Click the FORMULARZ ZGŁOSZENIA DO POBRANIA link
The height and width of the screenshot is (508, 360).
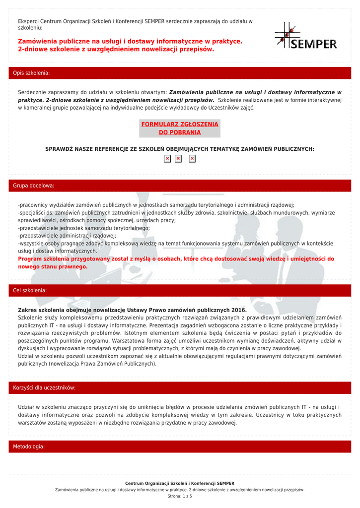180,128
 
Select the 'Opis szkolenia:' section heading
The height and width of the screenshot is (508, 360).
31,73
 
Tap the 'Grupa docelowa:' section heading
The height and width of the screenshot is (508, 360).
33,186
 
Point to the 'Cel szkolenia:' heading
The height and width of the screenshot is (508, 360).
30,290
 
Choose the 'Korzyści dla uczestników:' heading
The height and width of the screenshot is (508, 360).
44,387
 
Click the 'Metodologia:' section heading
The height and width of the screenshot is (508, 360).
29,446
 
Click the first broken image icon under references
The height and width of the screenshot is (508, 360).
167,159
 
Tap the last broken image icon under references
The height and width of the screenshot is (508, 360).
192,159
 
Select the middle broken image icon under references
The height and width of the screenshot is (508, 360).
178,159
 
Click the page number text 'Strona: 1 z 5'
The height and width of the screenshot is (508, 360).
180,496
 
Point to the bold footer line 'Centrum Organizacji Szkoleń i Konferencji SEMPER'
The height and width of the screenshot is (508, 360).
180,483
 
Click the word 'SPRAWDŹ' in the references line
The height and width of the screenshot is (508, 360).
59,149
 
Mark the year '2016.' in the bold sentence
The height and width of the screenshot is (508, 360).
239,310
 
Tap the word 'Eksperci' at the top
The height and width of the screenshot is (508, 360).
28,21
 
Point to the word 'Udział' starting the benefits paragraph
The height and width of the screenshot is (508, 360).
26,407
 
